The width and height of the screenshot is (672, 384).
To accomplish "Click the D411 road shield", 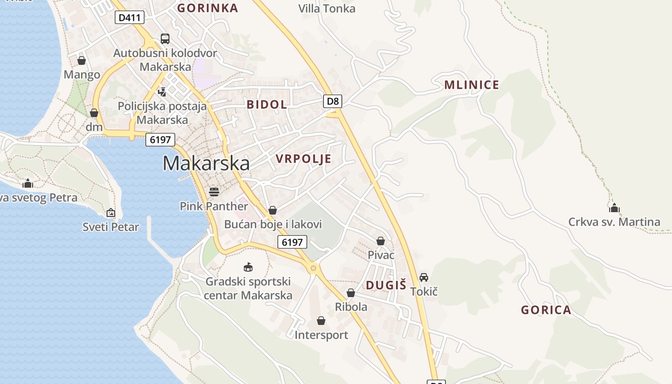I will coord(130,18).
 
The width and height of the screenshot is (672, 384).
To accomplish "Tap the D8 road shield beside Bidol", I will coord(333,101).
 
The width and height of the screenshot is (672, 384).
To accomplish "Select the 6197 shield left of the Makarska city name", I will coord(160,140).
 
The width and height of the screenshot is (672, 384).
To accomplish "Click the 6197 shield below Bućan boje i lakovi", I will coord(292,242).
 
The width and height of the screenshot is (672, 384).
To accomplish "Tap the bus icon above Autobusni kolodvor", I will coord(165,39).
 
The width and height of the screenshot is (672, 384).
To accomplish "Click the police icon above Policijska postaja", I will coord(162,92).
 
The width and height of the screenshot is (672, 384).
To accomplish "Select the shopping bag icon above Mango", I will coord(82,60).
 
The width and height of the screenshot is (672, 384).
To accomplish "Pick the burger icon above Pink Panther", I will coord(214,192).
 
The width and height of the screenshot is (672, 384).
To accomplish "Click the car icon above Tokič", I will coord(424,277).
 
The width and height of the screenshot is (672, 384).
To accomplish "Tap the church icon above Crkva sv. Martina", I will coord(614,208).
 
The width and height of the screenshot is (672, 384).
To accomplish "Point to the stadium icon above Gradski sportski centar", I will coord(248,267).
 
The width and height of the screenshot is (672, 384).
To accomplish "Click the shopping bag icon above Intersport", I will coord(321,320).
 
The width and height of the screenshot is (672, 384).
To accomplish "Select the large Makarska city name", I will coord(206,163).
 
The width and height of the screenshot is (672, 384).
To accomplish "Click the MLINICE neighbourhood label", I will coord(471,85).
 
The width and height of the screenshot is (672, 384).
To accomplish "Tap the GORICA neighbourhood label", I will coord(546,310).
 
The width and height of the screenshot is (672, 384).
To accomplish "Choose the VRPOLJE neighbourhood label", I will coord(303,159).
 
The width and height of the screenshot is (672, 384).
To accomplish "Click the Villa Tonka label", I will coord(326,9).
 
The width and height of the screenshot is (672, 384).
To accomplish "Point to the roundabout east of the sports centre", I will coord(313,268).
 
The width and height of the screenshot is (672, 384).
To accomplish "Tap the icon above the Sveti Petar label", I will coord(111,212).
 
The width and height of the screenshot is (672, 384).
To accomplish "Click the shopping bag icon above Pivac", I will coord(381,241).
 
